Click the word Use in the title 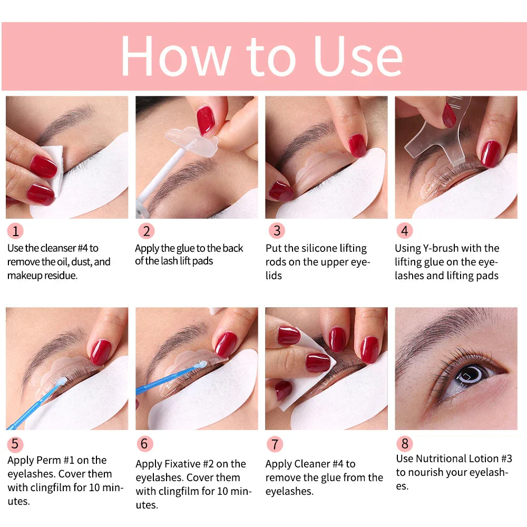(x=358, y=56)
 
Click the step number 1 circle (x=15, y=231)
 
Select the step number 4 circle (x=404, y=231)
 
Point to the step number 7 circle (x=275, y=444)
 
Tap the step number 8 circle (x=404, y=444)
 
